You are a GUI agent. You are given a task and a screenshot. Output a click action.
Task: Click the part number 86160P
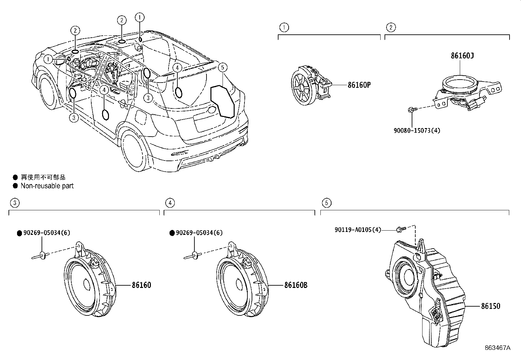[359, 85]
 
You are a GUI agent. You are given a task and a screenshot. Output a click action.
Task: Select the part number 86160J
[462, 56]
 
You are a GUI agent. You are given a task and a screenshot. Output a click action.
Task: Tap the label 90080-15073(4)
[417, 130]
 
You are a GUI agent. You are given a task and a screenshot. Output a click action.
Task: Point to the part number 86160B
[296, 285]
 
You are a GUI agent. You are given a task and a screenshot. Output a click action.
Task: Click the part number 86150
[490, 306]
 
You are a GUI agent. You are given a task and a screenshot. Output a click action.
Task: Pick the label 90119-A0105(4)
[358, 230]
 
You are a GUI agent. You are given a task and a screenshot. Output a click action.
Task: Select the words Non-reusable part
[47, 186]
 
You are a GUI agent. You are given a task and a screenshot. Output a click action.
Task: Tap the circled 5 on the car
[222, 68]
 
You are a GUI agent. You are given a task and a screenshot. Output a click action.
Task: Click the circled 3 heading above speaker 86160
[14, 203]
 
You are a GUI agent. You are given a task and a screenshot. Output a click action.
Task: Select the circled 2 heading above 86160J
[390, 27]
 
